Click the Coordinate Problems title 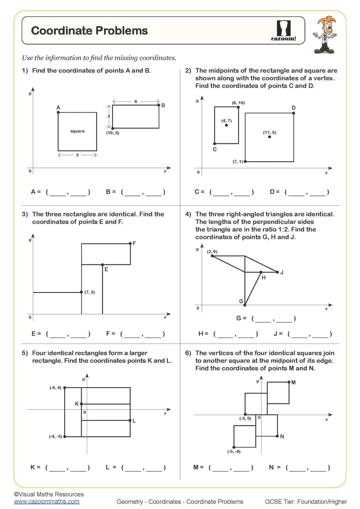click(x=89, y=31)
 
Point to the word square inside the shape click(x=77, y=131)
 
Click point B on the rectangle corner click(x=159, y=105)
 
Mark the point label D click(x=293, y=108)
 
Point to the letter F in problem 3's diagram click(x=135, y=243)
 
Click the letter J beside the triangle click(x=282, y=272)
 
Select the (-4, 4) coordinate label click(x=55, y=388)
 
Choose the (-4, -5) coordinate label click(x=55, y=436)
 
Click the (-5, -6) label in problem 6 click(x=233, y=451)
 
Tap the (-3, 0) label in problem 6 click(x=245, y=418)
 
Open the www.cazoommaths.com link click(x=46, y=501)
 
